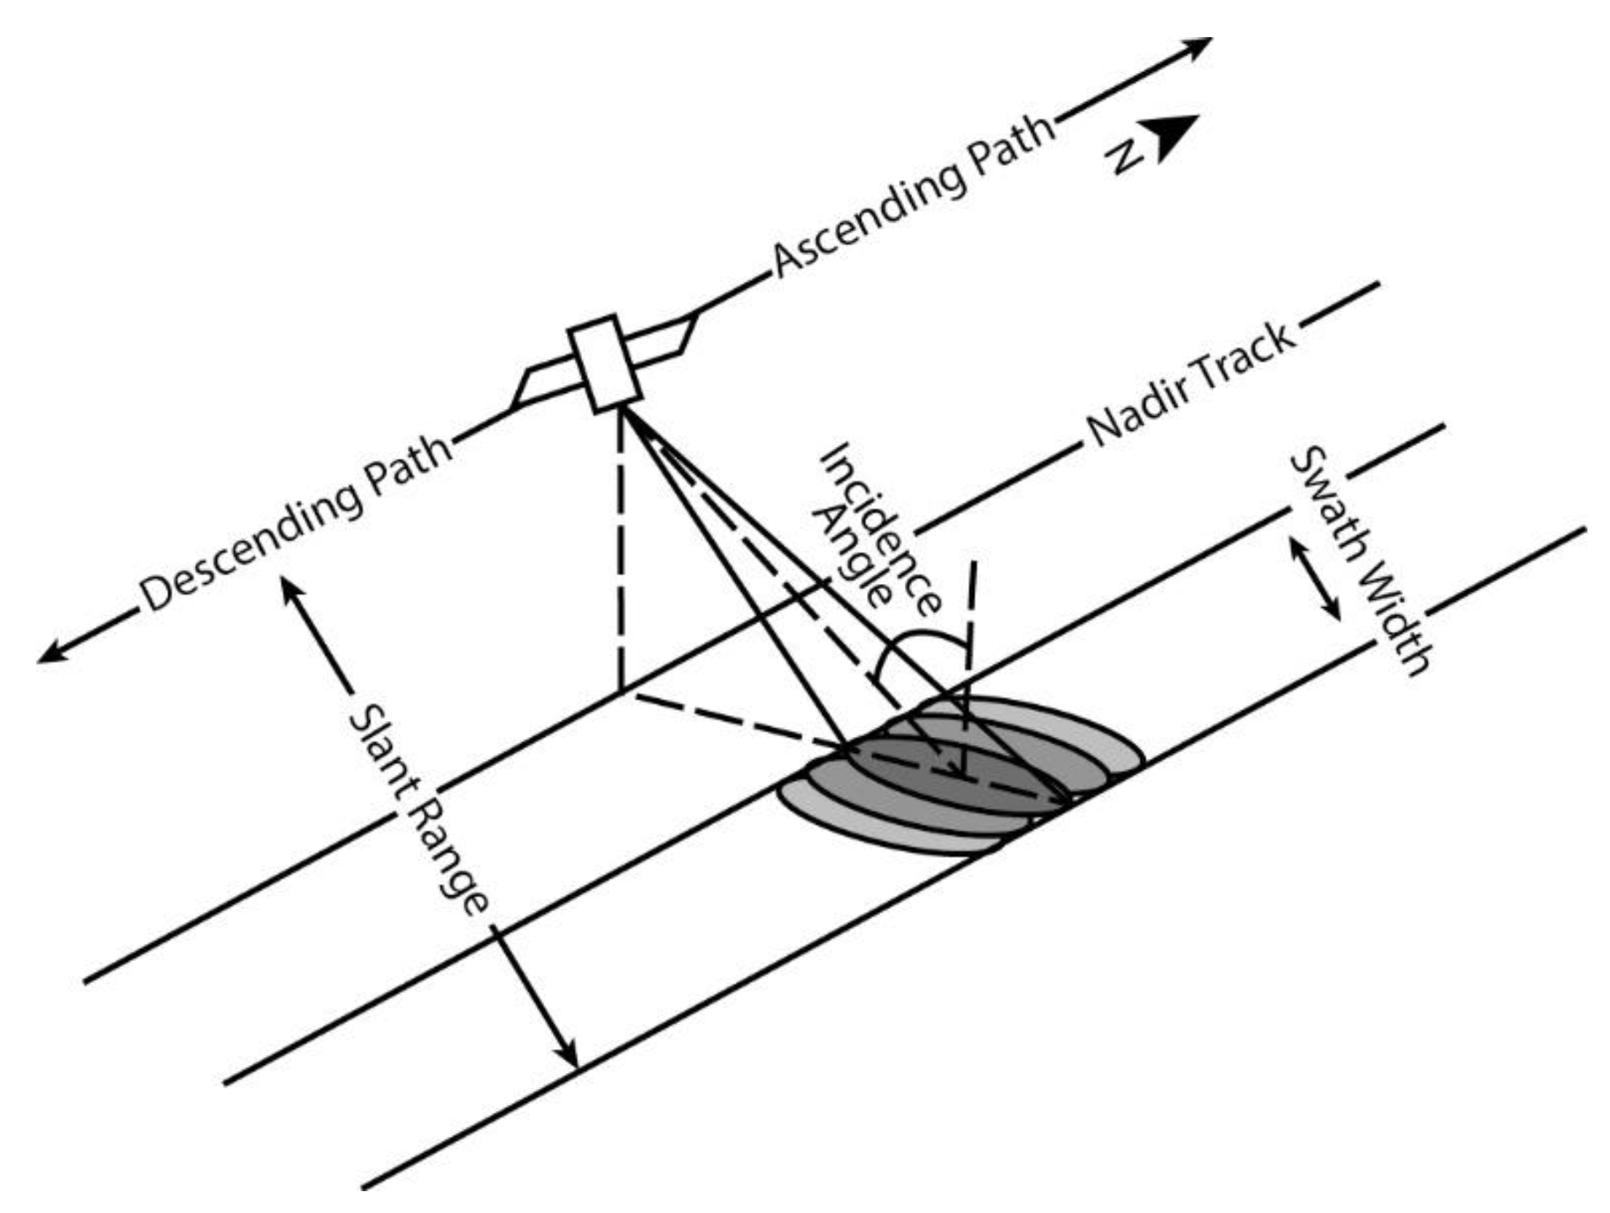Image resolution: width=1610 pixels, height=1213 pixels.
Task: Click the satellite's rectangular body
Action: (x=605, y=364)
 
